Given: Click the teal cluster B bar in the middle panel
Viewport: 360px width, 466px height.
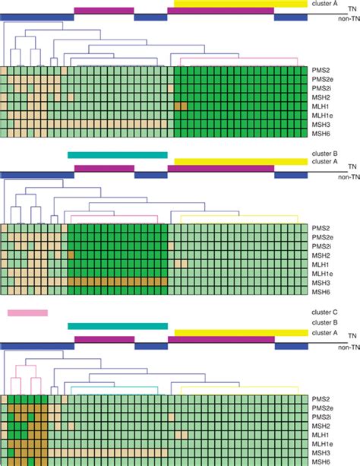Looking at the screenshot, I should pos(117,155).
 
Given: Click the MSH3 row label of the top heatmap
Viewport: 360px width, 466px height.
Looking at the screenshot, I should pos(321,124).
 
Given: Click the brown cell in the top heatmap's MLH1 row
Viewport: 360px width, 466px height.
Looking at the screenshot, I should pos(180,105).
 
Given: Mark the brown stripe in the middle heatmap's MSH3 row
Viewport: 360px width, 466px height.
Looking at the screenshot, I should pos(117,281).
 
